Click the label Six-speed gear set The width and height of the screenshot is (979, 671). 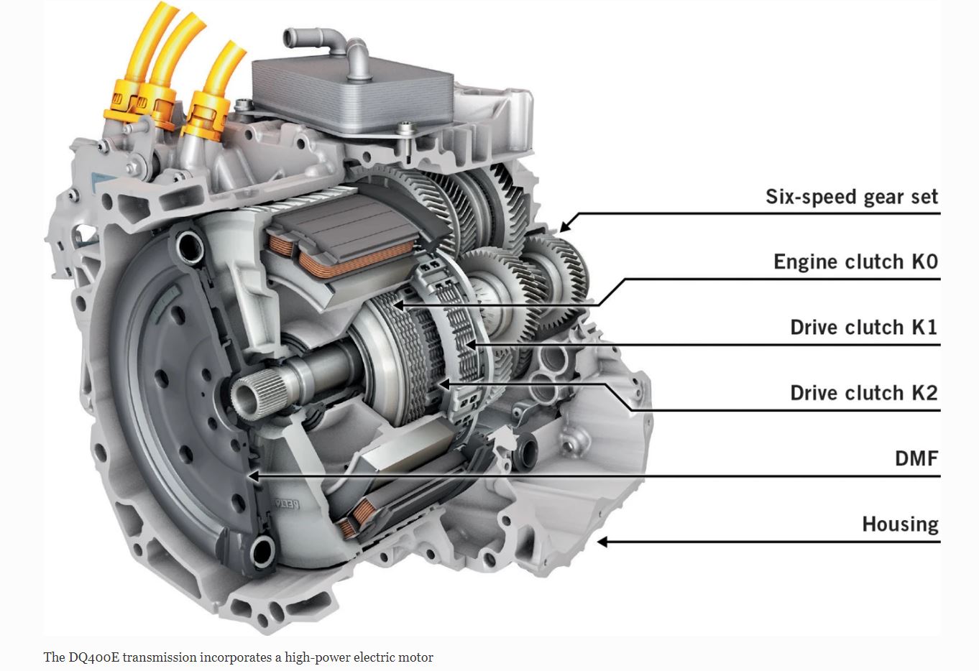tap(851, 197)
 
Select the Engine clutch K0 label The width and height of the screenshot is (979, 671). tap(856, 262)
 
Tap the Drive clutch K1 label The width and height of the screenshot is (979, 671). tap(863, 327)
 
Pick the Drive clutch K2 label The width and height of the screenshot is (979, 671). tap(863, 393)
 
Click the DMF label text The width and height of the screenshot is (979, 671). tap(916, 458)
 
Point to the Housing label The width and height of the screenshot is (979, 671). tap(900, 524)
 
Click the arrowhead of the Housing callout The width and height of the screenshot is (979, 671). tap(602, 542)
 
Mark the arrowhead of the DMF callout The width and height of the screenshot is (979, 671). tap(253, 476)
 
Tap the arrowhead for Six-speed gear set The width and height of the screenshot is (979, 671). tap(564, 227)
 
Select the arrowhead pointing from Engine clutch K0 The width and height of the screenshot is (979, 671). tap(398, 305)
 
